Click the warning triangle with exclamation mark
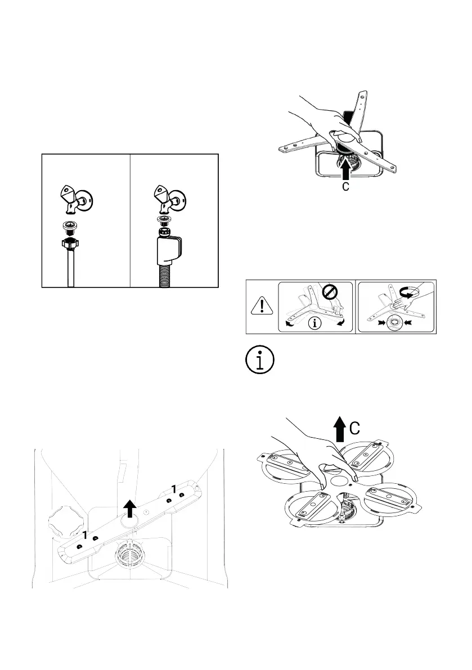pos(262,306)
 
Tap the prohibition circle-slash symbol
pos(330,293)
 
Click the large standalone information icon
pos(260,360)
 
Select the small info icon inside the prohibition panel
pos(315,323)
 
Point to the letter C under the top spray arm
pos(346,186)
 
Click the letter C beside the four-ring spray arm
pos(354,428)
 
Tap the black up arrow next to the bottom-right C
pos(340,429)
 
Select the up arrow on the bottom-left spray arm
pos(130,509)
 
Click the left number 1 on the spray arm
pos(85,535)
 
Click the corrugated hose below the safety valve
pos(165,276)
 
